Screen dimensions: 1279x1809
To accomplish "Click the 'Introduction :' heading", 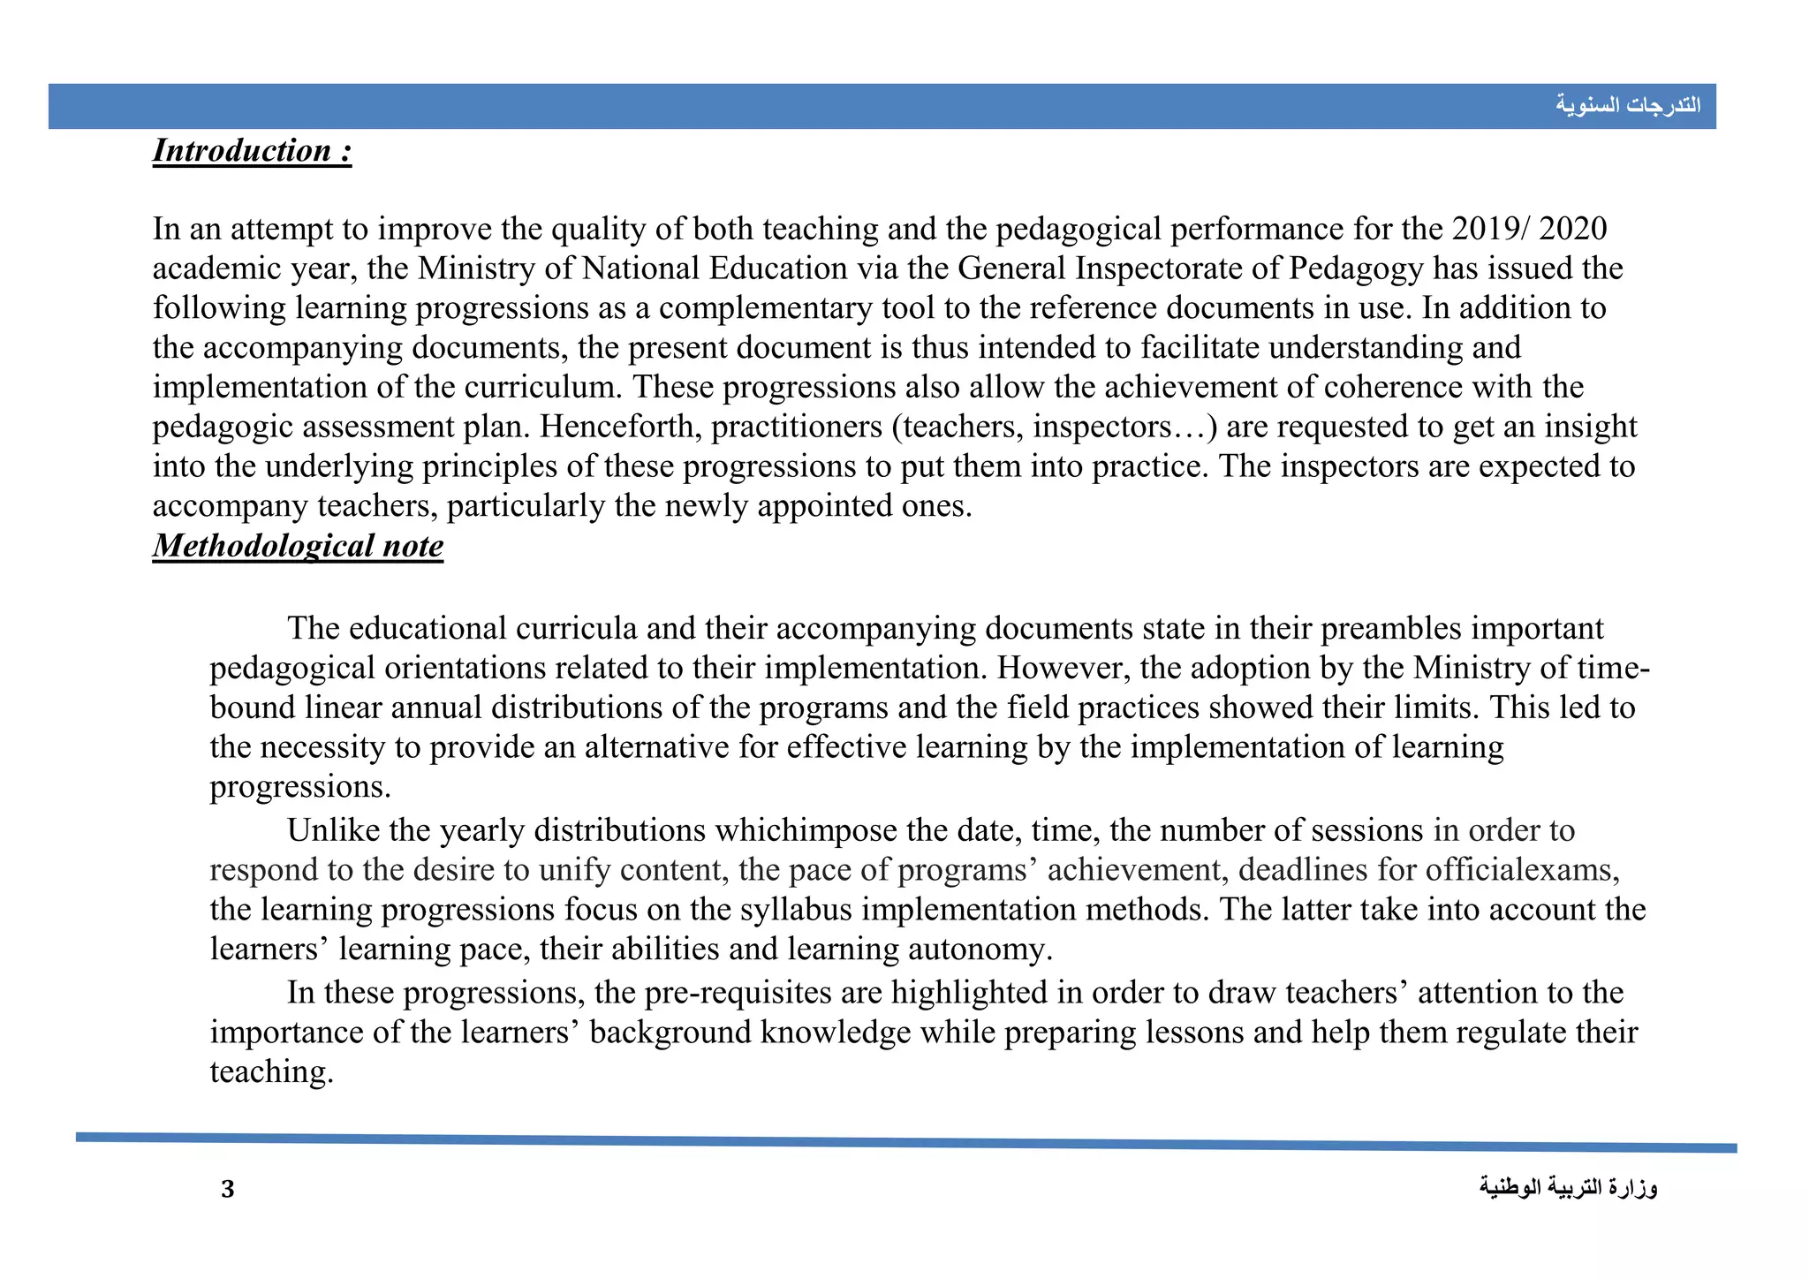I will click(252, 151).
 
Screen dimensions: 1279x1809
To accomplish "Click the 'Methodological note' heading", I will click(298, 546).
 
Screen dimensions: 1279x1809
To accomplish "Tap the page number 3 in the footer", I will click(228, 1189).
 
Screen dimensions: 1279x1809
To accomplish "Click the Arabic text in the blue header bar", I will click(1627, 105).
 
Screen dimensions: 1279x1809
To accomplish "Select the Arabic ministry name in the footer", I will click(1568, 1188).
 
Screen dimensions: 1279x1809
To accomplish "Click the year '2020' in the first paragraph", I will click(1572, 229).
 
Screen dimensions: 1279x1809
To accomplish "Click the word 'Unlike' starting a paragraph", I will click(333, 830).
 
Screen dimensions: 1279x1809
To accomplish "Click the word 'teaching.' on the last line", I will click(271, 1072).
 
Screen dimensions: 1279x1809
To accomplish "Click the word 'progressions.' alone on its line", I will click(299, 787).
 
